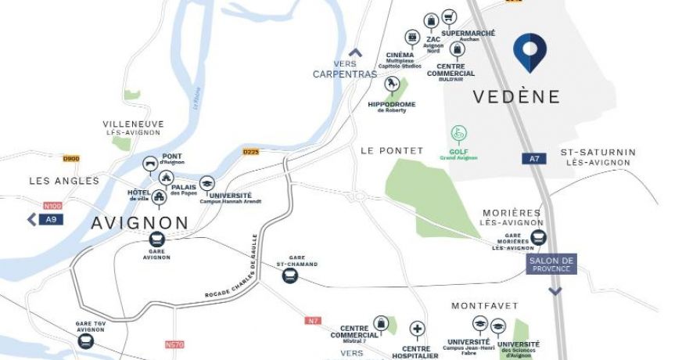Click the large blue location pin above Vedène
[529, 52]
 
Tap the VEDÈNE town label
[516, 97]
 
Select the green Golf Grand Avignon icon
[458, 134]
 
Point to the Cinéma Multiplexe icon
[412, 38]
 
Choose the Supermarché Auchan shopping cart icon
[449, 16]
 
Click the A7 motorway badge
[534, 159]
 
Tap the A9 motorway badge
[50, 220]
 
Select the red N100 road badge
[52, 206]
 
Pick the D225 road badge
[250, 152]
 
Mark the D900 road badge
[71, 159]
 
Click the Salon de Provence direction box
[551, 265]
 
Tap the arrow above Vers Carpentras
[356, 53]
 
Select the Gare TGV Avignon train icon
[90, 342]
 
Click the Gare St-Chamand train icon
[290, 275]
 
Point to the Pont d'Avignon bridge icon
[149, 164]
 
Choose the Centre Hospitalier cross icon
[418, 329]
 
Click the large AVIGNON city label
[140, 222]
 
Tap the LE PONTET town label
[391, 150]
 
